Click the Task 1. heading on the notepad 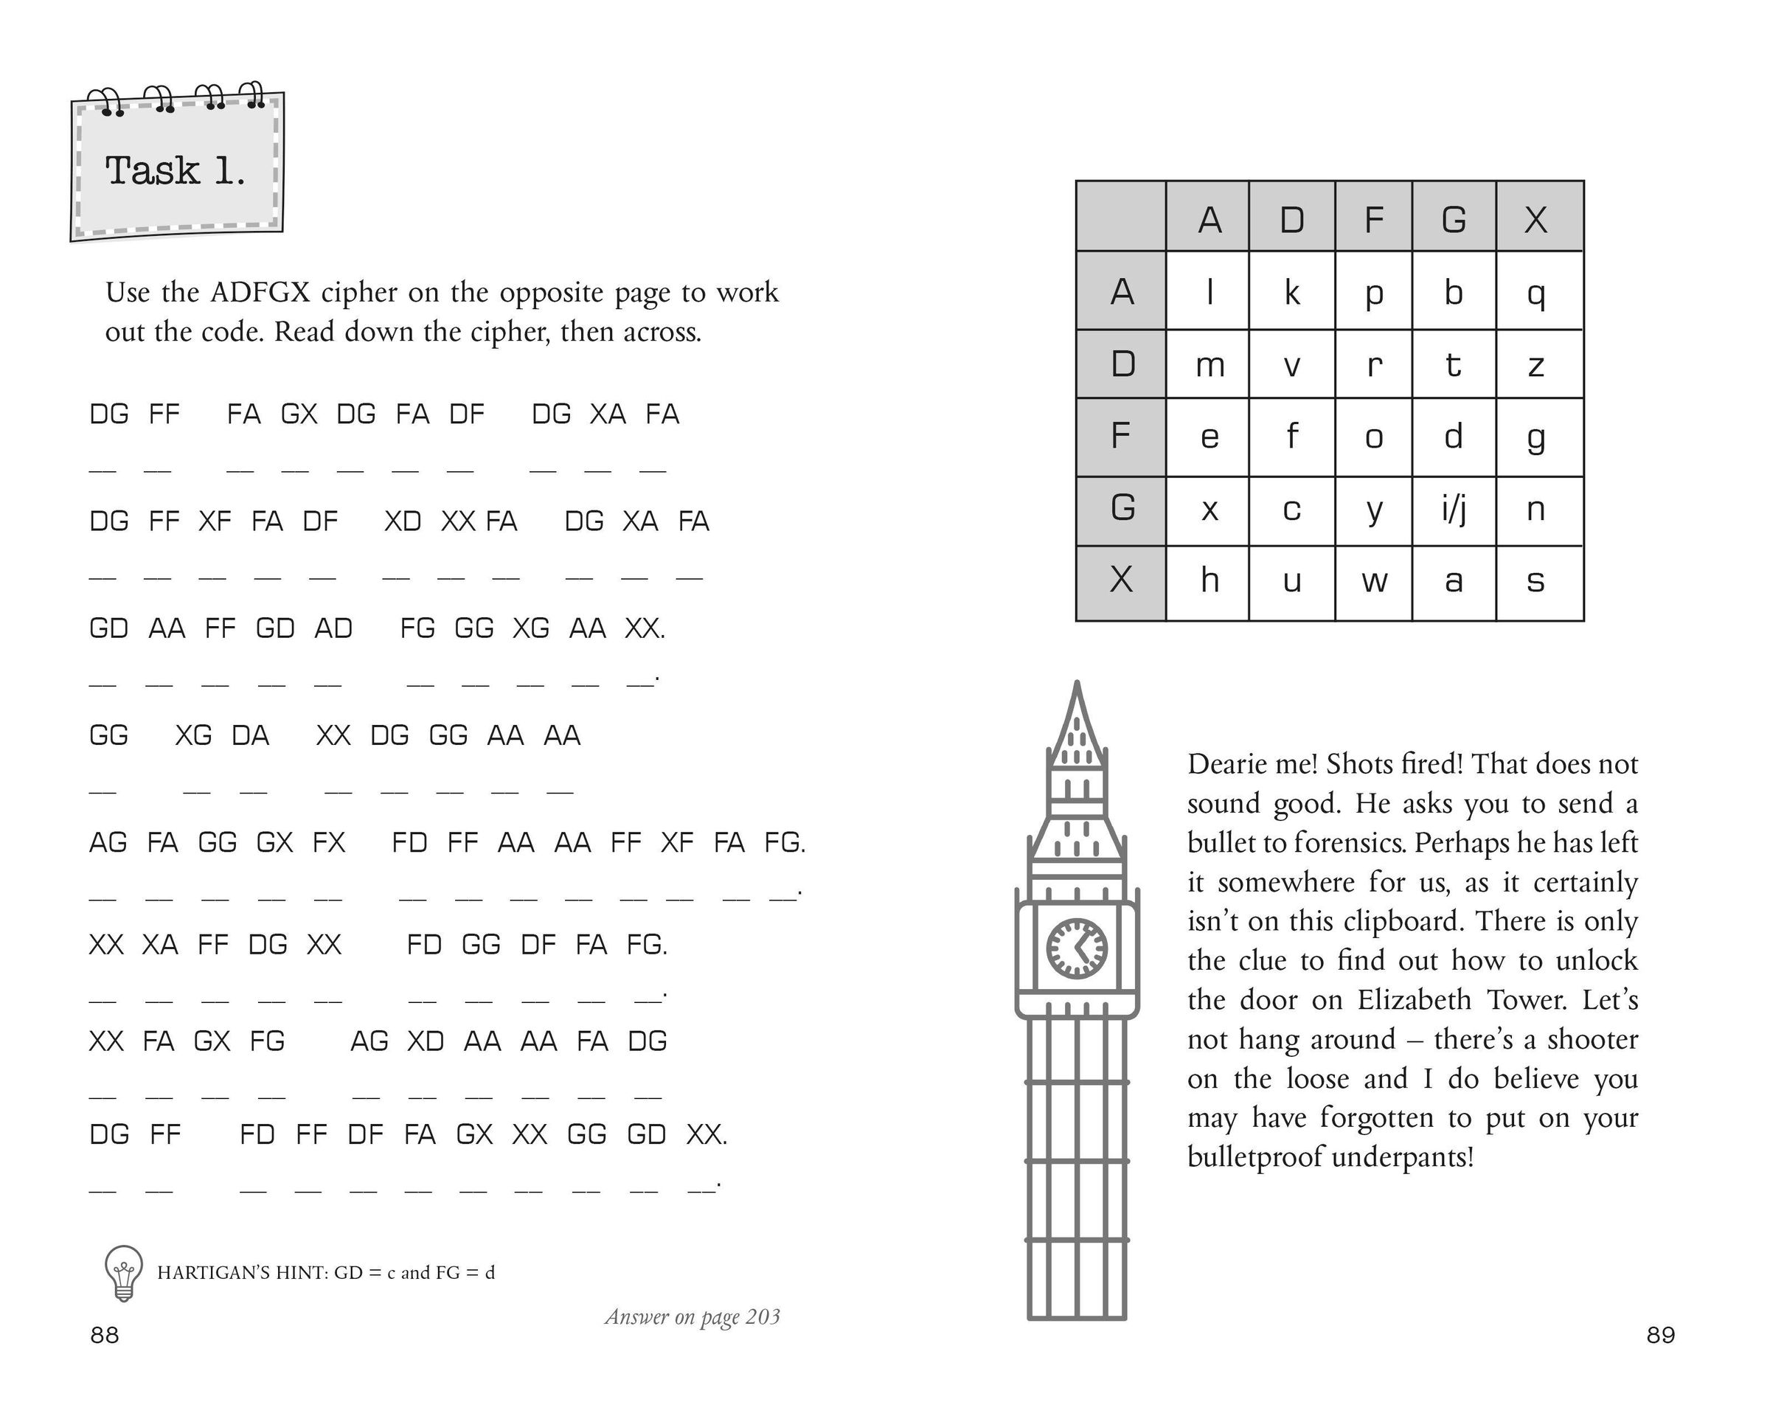[x=175, y=171]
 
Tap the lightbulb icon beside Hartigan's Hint [x=124, y=1271]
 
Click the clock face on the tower [x=1076, y=948]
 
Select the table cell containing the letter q [x=1538, y=291]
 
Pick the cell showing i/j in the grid [x=1453, y=510]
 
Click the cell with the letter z [x=1538, y=364]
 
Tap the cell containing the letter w [x=1374, y=581]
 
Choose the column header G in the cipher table [x=1453, y=219]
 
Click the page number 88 [x=104, y=1335]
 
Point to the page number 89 [x=1660, y=1335]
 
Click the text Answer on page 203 [x=692, y=1316]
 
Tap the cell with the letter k [x=1291, y=291]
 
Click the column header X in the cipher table [x=1537, y=219]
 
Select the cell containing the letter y [x=1374, y=510]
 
